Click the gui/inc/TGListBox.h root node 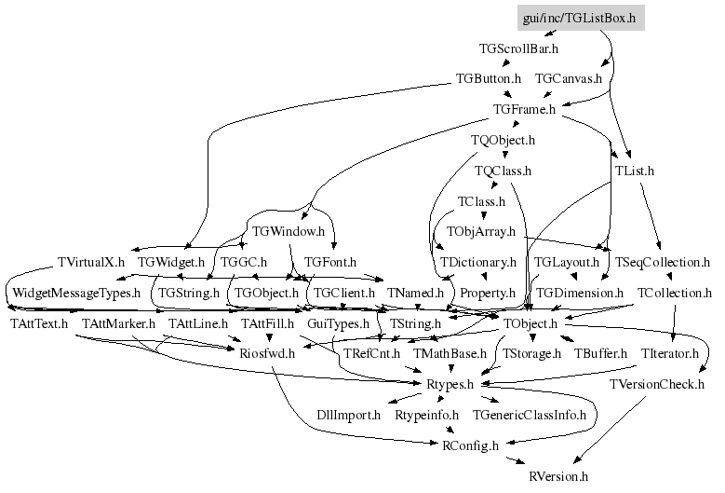coord(581,18)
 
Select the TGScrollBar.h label coord(518,48)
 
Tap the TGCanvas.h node coord(569,78)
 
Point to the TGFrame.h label coord(524,109)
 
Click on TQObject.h coord(503,140)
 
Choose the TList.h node coord(635,171)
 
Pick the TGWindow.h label coord(289,231)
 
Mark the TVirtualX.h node coord(91,262)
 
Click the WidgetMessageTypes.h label coord(76,293)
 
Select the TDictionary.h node coord(478,262)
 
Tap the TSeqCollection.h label coord(663,262)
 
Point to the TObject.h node coord(530,323)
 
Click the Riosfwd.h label coord(267,353)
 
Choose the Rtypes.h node coord(450,384)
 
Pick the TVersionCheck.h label coord(657,384)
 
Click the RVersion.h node coord(558,476)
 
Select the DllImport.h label coord(349,415)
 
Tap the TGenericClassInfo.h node coord(530,415)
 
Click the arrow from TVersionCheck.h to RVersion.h coord(610,430)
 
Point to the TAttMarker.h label coord(119,323)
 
